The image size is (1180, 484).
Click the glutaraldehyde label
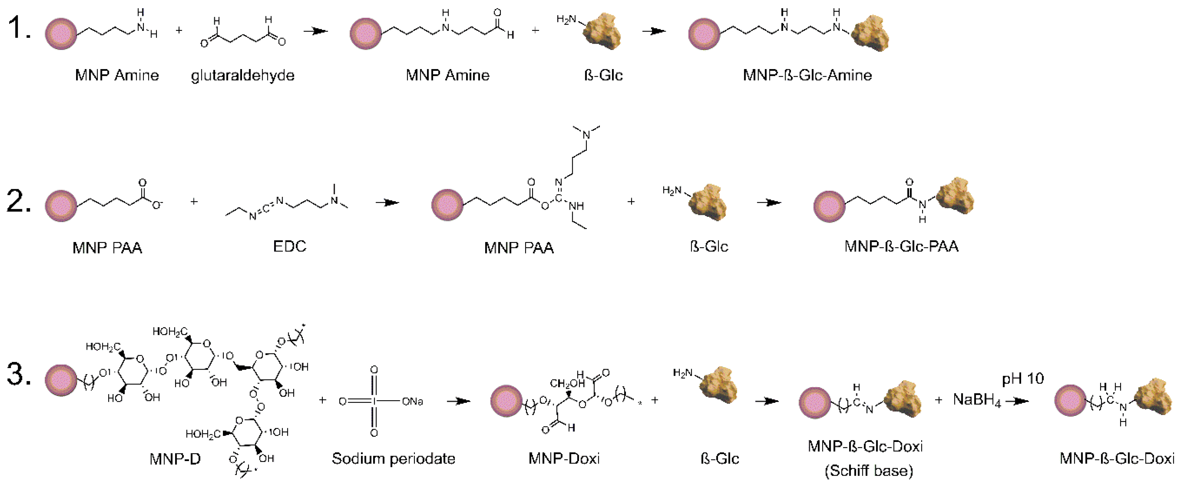(242, 75)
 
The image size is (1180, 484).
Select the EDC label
(289, 247)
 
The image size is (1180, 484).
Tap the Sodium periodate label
(394, 458)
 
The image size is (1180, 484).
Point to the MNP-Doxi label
(564, 458)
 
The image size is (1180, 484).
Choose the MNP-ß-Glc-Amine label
(807, 75)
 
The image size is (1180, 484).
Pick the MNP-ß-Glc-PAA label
(901, 247)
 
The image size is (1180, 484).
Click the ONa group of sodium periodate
(412, 402)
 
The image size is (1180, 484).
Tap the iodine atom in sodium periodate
(374, 402)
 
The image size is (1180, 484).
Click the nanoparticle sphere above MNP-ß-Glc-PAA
(829, 207)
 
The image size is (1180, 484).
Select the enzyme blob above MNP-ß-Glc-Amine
(870, 33)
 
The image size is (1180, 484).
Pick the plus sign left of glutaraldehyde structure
(179, 30)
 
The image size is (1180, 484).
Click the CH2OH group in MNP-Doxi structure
(567, 383)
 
